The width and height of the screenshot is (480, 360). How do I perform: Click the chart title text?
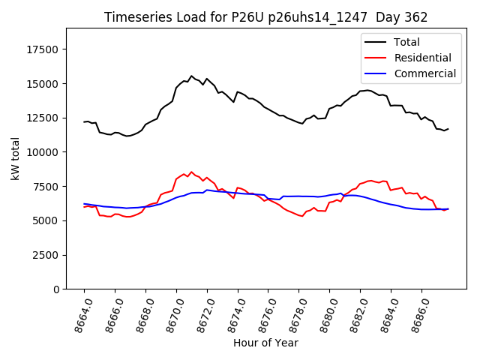point(265,17)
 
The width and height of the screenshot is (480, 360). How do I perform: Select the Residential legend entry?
point(422,58)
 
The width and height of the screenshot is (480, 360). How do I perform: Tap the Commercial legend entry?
point(424,73)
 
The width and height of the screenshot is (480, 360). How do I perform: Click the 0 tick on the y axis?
point(57,289)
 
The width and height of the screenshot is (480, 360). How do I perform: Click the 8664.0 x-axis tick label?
point(78,311)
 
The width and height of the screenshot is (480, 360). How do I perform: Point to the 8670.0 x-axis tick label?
point(170,311)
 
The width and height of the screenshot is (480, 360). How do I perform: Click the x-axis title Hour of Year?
point(265,343)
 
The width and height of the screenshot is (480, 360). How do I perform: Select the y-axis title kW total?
point(15,158)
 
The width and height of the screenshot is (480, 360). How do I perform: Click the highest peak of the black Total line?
point(191,76)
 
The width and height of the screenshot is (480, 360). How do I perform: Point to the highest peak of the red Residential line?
point(191,172)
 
